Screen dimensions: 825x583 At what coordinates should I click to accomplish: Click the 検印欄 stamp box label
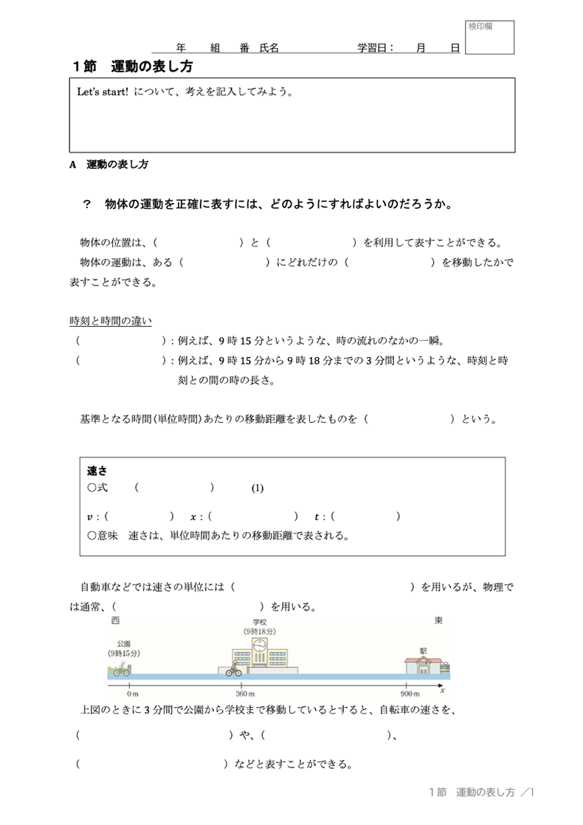480,27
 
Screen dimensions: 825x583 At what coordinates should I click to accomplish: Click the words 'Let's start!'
103,94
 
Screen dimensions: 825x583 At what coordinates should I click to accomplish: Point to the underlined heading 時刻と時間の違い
110,321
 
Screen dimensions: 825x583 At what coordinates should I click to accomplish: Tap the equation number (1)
257,488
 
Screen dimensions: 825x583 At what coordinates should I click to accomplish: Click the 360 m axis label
245,694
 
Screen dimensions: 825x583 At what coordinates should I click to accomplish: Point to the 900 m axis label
410,694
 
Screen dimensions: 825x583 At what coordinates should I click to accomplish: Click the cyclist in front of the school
233,669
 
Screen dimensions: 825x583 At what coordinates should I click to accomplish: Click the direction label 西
115,621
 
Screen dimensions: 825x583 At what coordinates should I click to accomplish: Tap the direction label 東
439,621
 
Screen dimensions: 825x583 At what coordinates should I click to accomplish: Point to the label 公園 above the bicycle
123,643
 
